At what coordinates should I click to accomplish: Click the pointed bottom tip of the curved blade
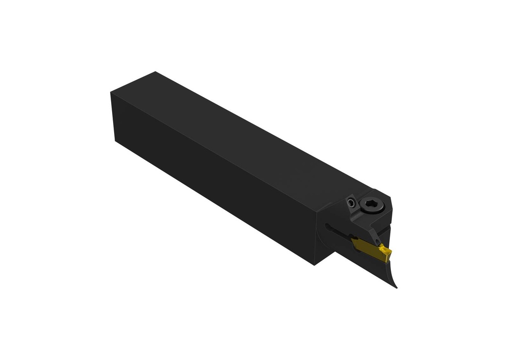coord(396,288)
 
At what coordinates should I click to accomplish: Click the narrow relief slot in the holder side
coord(340,233)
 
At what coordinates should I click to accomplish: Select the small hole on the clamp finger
coord(378,241)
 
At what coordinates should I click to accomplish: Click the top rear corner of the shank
coord(111,92)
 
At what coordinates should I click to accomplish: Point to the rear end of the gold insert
coord(353,241)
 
